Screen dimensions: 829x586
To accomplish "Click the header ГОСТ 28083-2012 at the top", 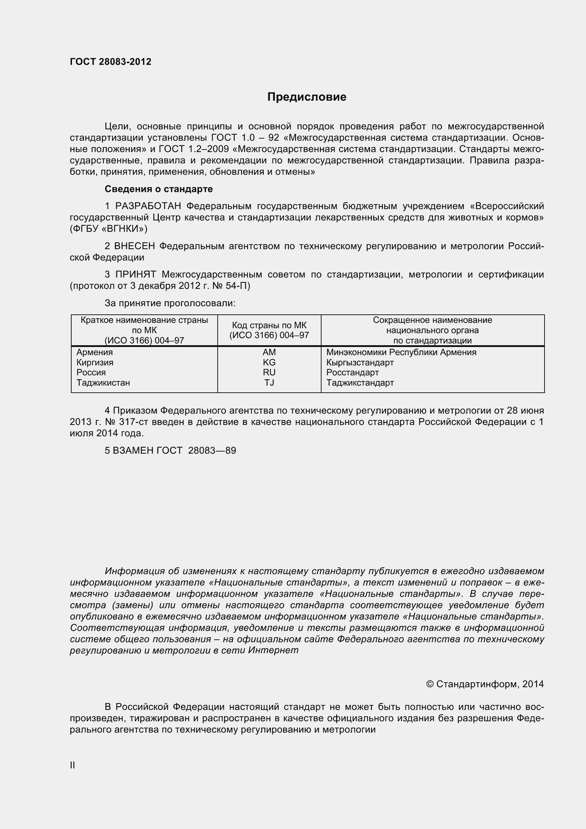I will [111, 62].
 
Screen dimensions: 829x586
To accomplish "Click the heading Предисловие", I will [307, 97].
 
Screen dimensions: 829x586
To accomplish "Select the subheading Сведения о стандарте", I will [158, 189].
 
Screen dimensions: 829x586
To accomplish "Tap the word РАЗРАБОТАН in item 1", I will [148, 206].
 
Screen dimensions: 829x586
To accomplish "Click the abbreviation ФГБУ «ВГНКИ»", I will [109, 229].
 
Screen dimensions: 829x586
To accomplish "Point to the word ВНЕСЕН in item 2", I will [134, 246].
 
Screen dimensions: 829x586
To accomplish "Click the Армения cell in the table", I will [95, 352].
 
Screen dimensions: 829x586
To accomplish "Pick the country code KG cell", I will [269, 362].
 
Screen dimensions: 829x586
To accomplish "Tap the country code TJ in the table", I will [269, 382].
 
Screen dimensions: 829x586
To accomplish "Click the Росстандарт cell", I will [352, 372].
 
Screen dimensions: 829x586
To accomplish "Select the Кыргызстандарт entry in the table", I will [359, 362].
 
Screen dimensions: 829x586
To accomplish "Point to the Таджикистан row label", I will [103, 382].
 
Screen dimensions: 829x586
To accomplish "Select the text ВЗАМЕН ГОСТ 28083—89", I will [174, 450].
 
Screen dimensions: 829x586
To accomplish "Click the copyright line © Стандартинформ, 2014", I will [485, 684].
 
